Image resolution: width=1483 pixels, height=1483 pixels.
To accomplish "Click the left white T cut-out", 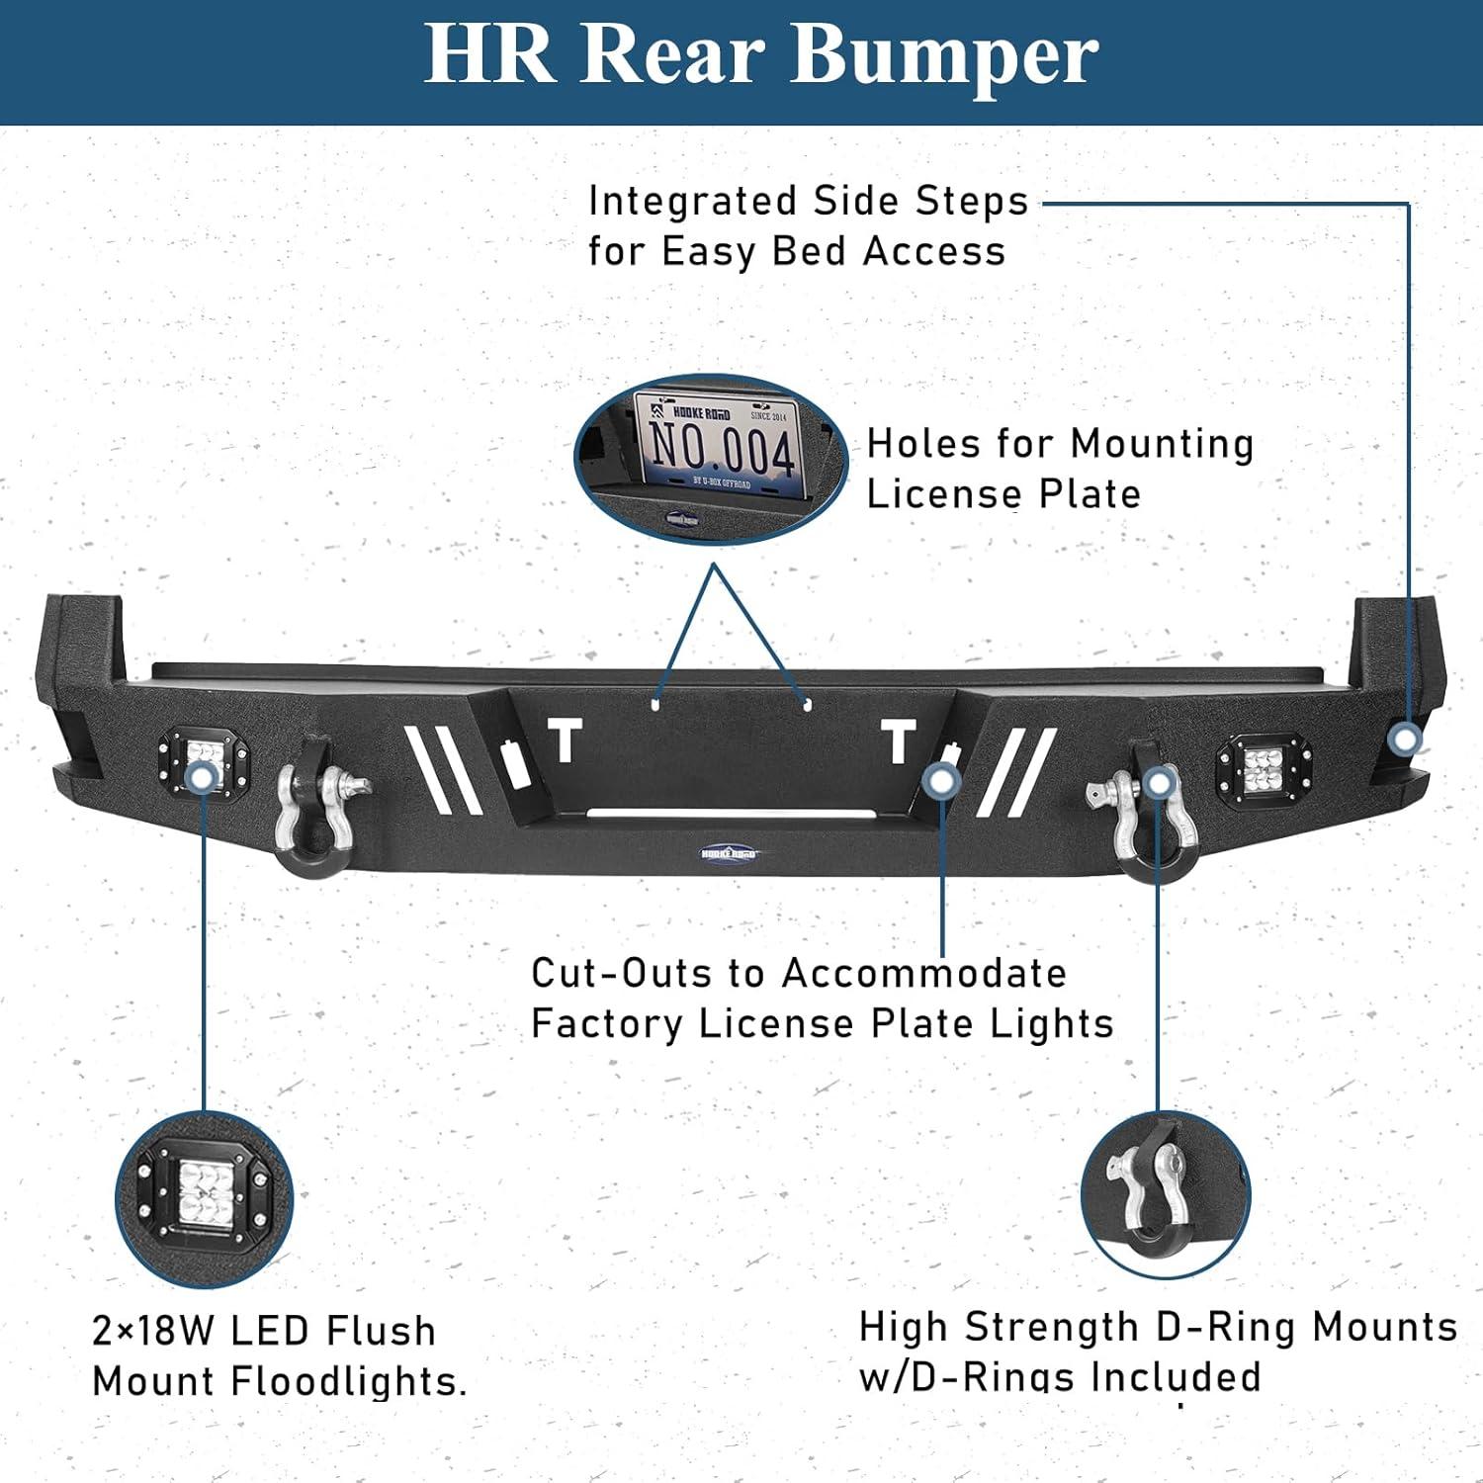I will pyautogui.click(x=566, y=741).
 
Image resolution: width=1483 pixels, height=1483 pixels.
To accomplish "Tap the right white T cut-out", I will pyautogui.click(x=898, y=741).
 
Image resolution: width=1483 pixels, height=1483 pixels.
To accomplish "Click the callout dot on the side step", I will pyautogui.click(x=1405, y=739).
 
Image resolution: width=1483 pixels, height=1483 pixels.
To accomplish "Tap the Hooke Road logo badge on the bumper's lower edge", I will pyautogui.click(x=729, y=852).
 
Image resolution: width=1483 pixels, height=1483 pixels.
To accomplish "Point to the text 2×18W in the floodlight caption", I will pyautogui.click(x=153, y=1331).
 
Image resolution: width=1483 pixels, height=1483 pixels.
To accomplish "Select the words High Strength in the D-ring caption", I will pyautogui.click(x=999, y=1328).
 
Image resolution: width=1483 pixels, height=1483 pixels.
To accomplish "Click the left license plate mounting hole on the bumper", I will pyautogui.click(x=655, y=704).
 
